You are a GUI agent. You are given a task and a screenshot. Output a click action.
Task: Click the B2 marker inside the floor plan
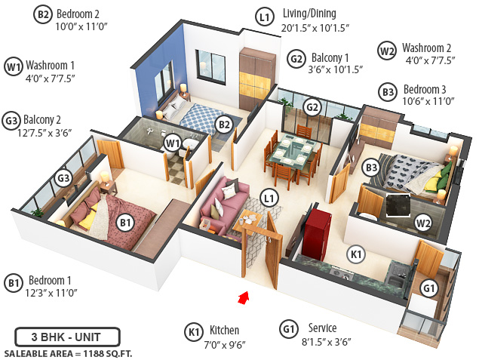223,125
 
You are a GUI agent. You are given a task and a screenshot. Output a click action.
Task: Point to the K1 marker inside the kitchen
355,254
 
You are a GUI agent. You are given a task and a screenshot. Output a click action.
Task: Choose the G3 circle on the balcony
63,178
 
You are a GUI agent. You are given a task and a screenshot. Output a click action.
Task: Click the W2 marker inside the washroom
422,222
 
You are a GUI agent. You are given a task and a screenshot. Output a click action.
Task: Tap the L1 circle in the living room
268,198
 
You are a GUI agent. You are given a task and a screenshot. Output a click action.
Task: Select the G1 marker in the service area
428,288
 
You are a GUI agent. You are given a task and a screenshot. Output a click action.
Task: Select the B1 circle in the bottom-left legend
13,283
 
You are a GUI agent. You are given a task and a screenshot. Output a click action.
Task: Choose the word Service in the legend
323,328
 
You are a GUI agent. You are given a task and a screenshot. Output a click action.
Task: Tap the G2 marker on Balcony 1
312,107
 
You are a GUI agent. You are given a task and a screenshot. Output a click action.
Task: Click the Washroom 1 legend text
51,63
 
